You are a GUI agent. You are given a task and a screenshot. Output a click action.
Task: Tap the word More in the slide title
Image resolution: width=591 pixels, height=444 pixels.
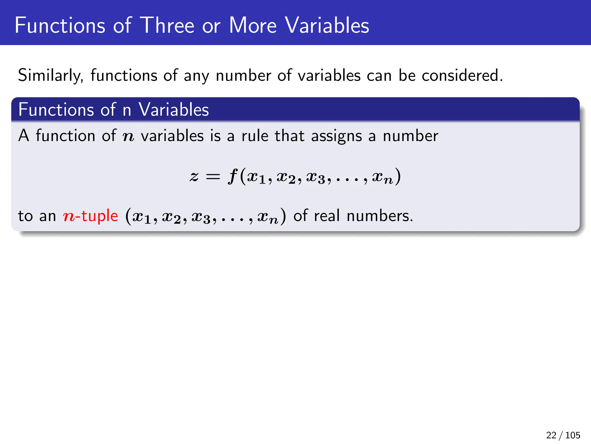(253, 25)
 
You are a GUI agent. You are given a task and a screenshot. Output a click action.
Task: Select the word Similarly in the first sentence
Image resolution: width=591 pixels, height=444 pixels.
(51, 76)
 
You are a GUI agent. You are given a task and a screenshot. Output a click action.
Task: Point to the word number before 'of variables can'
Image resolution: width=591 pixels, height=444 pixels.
(243, 76)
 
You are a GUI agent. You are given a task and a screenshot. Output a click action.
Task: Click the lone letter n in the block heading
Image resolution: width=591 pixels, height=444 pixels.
(127, 110)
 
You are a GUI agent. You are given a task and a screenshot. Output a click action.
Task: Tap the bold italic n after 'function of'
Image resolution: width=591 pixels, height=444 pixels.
(128, 136)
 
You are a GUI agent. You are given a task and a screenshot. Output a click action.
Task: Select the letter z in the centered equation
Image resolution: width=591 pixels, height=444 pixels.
(194, 176)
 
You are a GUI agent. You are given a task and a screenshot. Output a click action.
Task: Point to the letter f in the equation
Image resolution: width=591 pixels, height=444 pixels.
(233, 176)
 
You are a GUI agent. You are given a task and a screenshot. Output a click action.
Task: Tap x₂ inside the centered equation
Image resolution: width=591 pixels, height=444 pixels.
(286, 177)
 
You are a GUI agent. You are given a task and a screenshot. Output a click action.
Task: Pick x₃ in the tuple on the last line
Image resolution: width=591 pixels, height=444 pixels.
(201, 217)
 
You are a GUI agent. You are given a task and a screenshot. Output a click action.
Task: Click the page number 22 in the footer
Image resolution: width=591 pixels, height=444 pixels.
(551, 435)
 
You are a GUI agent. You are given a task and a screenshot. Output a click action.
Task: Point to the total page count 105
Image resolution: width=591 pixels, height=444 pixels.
(573, 435)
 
